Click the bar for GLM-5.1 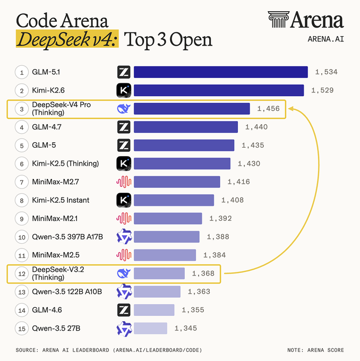pyautogui.click(x=220, y=72)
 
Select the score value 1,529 pyautogui.click(x=322, y=90)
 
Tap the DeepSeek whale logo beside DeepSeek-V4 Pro pyautogui.click(x=124, y=109)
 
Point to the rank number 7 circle pyautogui.click(x=22, y=182)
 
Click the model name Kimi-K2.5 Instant pyautogui.click(x=61, y=200)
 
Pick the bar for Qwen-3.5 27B pyautogui.click(x=150, y=328)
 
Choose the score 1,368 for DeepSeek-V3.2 pyautogui.click(x=204, y=273)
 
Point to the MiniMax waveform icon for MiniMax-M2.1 pyautogui.click(x=124, y=218)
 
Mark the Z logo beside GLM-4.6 pyautogui.click(x=124, y=310)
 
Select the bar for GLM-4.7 pyautogui.click(x=185, y=127)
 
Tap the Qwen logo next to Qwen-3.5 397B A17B pyautogui.click(x=124, y=237)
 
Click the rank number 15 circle pyautogui.click(x=22, y=329)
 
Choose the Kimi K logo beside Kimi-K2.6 pyautogui.click(x=124, y=90)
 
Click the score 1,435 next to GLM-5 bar pyautogui.click(x=253, y=145)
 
